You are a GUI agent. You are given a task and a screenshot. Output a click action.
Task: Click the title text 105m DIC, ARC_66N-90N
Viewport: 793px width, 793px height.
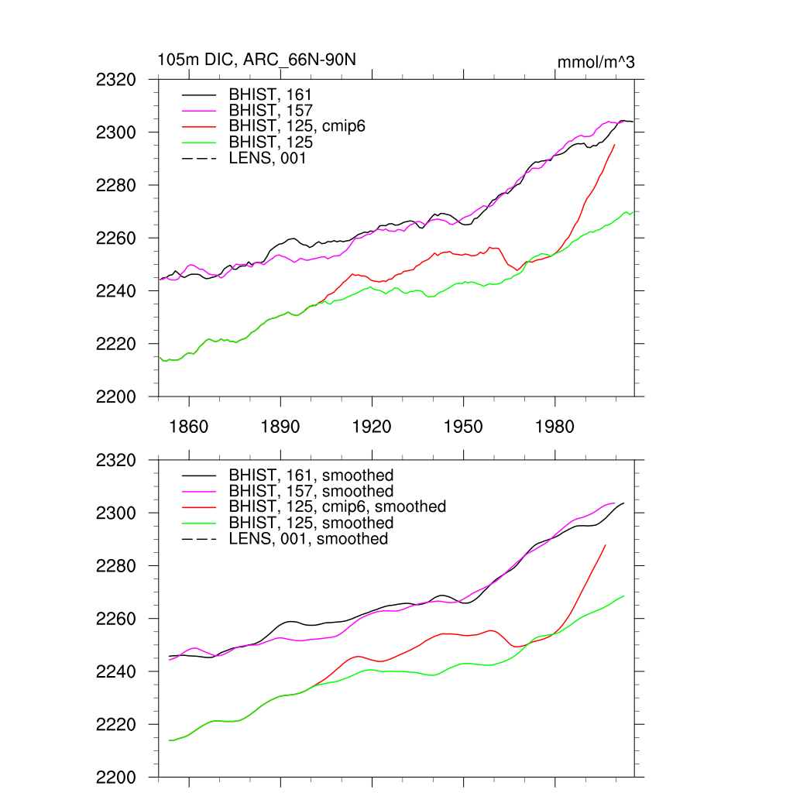(256, 60)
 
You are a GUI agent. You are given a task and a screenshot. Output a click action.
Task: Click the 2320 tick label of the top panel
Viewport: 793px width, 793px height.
(116, 80)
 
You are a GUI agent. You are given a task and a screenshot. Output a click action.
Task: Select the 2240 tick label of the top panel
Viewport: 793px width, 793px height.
(116, 291)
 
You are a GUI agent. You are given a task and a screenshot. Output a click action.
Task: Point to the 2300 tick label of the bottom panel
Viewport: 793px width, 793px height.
(116, 513)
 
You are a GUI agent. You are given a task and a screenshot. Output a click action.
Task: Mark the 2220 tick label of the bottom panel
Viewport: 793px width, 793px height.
(116, 725)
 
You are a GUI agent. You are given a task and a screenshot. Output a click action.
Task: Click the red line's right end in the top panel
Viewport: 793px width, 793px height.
(615, 145)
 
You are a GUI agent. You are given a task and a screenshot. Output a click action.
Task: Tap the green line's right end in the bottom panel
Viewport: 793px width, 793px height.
(624, 596)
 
